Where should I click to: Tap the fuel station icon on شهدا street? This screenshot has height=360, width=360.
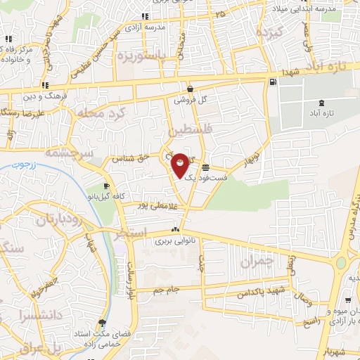coord(272,82)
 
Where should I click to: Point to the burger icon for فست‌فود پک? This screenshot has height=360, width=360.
coord(205,168)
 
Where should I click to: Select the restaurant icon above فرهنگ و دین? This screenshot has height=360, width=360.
coord(41,85)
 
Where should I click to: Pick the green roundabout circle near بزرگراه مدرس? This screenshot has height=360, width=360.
coord(342,263)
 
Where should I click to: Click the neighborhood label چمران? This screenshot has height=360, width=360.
coord(255,262)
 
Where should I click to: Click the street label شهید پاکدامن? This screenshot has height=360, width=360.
coord(263,290)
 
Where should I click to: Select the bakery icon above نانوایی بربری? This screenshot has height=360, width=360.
coord(175,230)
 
